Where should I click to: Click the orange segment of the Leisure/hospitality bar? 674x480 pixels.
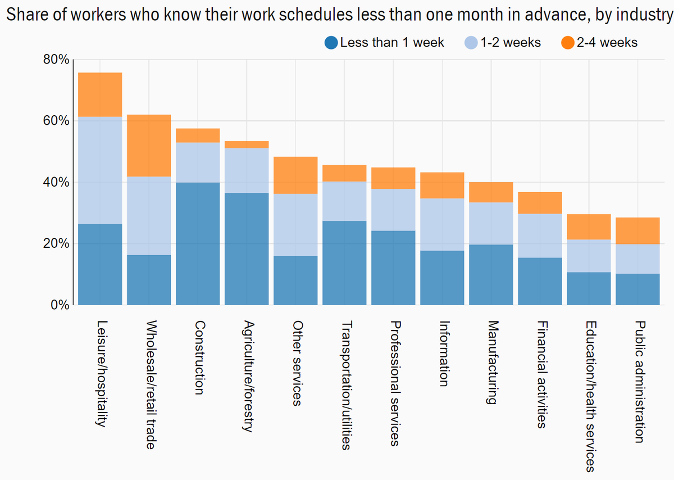[100, 94]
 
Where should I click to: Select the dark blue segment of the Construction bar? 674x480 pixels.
[198, 243]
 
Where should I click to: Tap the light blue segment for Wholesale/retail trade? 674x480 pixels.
[149, 216]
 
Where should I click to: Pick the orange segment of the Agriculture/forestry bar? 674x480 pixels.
[247, 144]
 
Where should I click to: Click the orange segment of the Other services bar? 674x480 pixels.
[295, 175]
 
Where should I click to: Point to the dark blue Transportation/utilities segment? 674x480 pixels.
[344, 262]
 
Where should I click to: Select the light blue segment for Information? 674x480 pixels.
[442, 224]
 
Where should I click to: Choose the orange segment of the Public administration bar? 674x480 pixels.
[637, 230]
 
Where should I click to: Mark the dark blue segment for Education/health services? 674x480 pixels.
[589, 288]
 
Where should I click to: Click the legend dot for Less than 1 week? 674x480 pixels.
[331, 42]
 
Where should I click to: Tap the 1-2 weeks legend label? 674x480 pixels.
[510, 42]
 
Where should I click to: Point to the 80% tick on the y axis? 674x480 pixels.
[56, 60]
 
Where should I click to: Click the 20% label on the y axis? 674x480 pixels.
[56, 244]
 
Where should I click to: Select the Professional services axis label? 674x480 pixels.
[394, 383]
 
